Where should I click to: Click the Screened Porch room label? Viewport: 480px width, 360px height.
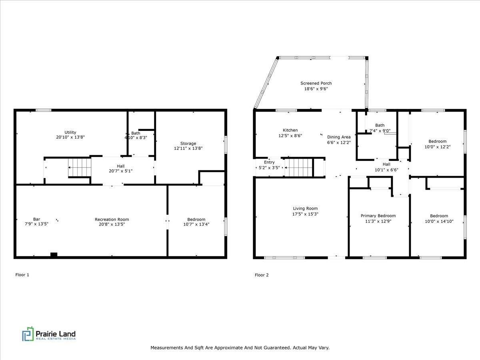pos(316,83)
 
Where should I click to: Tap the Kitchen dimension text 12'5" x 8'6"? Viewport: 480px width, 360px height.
pos(290,136)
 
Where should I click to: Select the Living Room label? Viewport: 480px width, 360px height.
pos(305,208)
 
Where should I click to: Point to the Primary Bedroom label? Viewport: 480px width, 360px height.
pos(378,216)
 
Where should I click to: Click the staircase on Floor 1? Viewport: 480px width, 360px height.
pos(80,167)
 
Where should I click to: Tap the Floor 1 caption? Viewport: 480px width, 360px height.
pos(22,275)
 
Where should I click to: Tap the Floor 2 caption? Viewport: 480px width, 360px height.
pos(262,275)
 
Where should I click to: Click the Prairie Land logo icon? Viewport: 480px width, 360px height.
pos(28,334)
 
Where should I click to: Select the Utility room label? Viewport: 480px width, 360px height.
pos(70,132)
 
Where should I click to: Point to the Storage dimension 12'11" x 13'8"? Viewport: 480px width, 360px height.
pos(188,148)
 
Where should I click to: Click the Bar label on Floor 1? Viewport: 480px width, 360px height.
pos(36,219)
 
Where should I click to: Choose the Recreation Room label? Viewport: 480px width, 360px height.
pos(112,219)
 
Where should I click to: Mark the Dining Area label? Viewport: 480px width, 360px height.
pos(338,137)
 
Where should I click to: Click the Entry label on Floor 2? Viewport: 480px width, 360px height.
pos(269,162)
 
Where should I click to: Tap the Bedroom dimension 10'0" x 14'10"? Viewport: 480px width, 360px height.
pos(439,221)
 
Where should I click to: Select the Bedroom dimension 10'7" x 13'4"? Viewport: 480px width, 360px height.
pos(196,224)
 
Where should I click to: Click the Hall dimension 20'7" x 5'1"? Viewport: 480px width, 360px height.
pos(120,171)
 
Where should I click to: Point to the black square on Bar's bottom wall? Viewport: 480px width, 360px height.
pos(54,254)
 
